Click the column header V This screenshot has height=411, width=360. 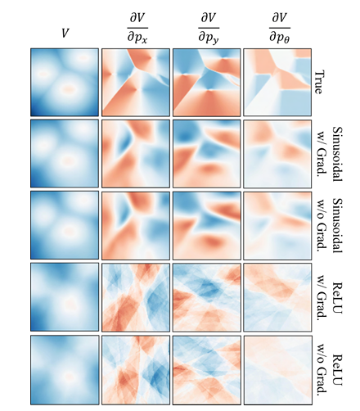[65, 34]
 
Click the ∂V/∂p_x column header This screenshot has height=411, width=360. [137, 29]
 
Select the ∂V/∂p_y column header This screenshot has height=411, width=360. [209, 29]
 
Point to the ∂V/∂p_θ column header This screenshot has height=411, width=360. [280, 29]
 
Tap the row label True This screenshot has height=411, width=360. [318, 82]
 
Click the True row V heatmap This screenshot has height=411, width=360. [65, 82]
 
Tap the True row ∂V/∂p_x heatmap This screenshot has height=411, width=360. [136, 82]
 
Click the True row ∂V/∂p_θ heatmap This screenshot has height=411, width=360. [277, 82]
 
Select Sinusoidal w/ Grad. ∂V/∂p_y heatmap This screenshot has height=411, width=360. [207, 154]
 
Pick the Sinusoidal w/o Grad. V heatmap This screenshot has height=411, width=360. [65, 225]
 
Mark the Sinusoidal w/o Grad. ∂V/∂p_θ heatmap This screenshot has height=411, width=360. [277, 225]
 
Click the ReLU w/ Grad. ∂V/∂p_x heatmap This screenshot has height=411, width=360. [136, 297]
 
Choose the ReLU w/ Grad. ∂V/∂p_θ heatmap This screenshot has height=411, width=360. [277, 297]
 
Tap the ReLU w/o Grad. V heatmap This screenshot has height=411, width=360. [65, 370]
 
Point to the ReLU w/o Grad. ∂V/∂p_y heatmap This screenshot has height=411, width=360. [207, 370]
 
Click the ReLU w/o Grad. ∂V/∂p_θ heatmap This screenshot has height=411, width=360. [277, 370]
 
